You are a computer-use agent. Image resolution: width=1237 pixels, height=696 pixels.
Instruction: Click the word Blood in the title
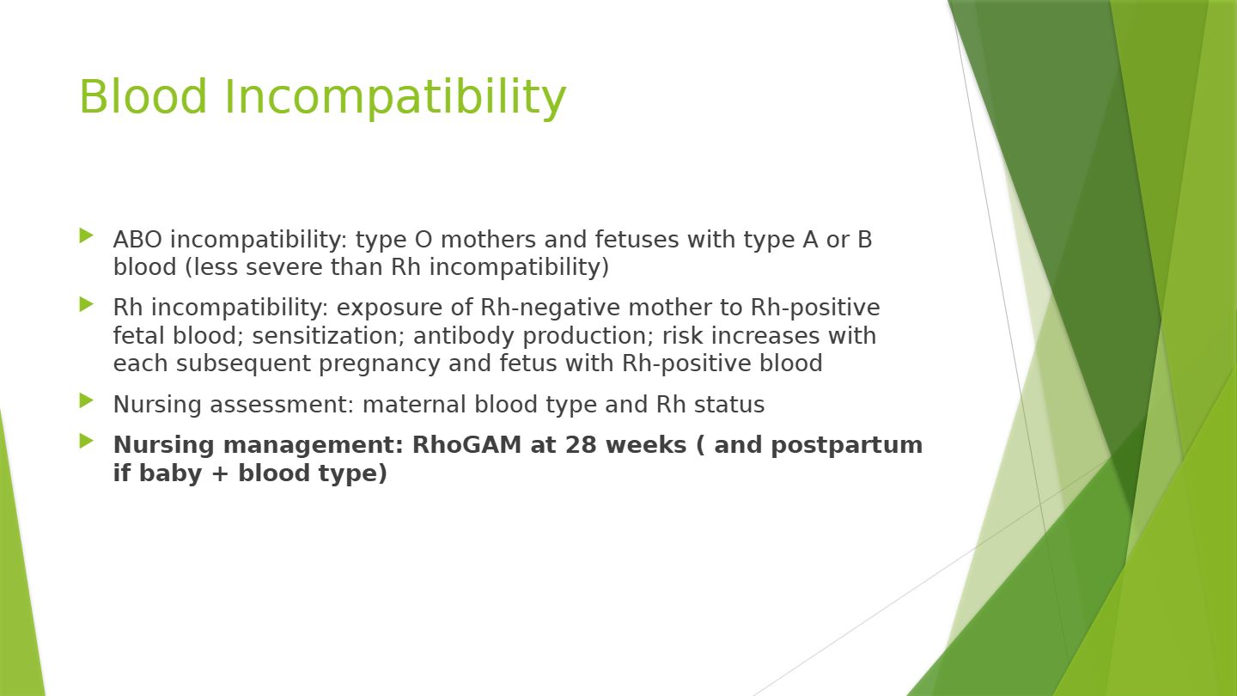coord(143,96)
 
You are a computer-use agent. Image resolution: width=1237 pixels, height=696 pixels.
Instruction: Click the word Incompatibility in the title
coord(395,98)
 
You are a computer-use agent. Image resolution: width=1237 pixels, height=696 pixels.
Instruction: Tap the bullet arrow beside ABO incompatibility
coord(87,235)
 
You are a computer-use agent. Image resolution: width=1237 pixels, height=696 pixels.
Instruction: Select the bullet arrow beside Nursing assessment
coord(87,400)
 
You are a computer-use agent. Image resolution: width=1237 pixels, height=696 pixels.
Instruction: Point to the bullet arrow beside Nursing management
coord(87,441)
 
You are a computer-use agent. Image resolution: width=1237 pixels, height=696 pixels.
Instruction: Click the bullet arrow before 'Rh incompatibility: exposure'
coord(87,304)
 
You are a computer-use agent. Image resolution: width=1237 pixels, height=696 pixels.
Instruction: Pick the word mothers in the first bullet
coord(488,240)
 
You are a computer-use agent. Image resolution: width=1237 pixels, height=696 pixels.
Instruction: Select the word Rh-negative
coord(551,308)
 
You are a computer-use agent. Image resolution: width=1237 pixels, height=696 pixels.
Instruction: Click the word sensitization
coord(327,337)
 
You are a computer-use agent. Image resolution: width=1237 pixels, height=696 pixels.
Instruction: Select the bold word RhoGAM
coord(466,445)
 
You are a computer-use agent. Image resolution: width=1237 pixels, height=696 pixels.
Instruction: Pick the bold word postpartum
coord(847,446)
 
